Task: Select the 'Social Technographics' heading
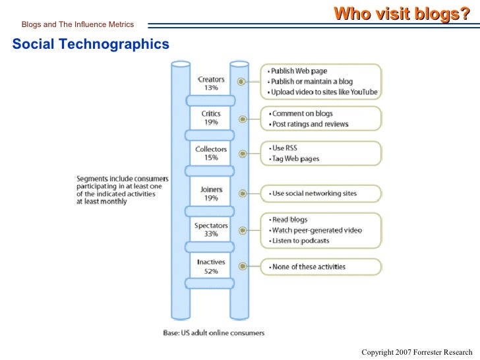click(x=90, y=44)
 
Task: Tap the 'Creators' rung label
click(x=212, y=79)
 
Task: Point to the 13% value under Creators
click(x=211, y=88)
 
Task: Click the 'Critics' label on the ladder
click(x=211, y=113)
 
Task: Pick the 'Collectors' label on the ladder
click(x=211, y=149)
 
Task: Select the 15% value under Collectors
click(x=211, y=158)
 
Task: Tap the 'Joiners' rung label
click(x=211, y=189)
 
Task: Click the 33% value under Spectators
click(x=211, y=234)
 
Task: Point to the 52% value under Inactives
click(x=211, y=271)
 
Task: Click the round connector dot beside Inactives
click(x=243, y=266)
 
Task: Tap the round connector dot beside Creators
click(x=243, y=81)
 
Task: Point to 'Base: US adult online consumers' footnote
click(x=214, y=332)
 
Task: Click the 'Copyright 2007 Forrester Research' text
click(x=417, y=351)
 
